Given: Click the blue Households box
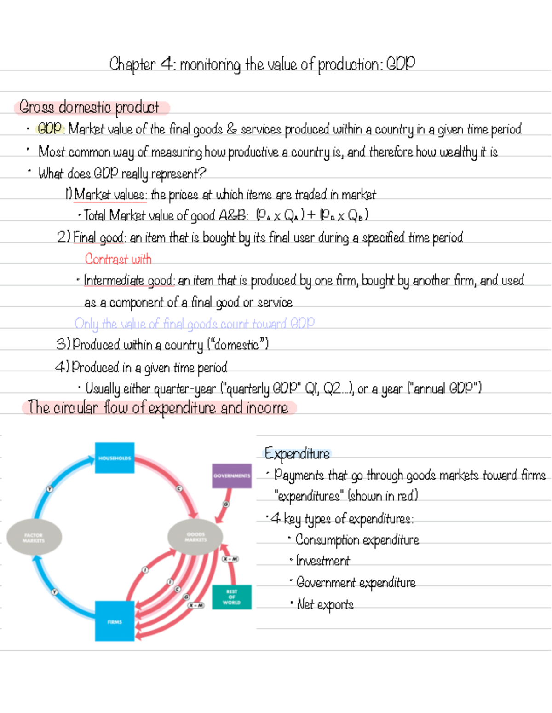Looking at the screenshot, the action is coord(115,458).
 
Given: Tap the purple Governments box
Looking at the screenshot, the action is coord(232,475).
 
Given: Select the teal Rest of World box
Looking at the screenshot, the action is coord(232,597).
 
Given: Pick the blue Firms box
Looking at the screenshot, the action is coord(115,621).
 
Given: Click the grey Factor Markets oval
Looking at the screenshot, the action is coord(34,537).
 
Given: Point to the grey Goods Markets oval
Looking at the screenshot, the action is coord(195,537).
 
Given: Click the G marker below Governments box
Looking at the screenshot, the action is coord(226,504).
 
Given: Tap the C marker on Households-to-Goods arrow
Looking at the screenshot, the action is coord(179,488).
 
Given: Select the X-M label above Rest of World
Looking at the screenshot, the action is coord(230,559).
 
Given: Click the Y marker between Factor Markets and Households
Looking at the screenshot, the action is coord(50,489).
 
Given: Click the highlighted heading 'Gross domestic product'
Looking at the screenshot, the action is coord(89,107).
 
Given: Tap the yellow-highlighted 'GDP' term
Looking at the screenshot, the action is coord(50,128).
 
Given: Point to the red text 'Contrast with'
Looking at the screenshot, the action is coord(118,259).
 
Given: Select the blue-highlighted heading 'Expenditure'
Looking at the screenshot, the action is coord(297,454).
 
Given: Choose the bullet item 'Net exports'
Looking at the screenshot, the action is coord(325,604).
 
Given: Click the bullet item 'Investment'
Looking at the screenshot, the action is coord(323,561).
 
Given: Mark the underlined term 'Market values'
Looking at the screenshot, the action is coord(109,195).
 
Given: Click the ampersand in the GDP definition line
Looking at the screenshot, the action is coord(231,129).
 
